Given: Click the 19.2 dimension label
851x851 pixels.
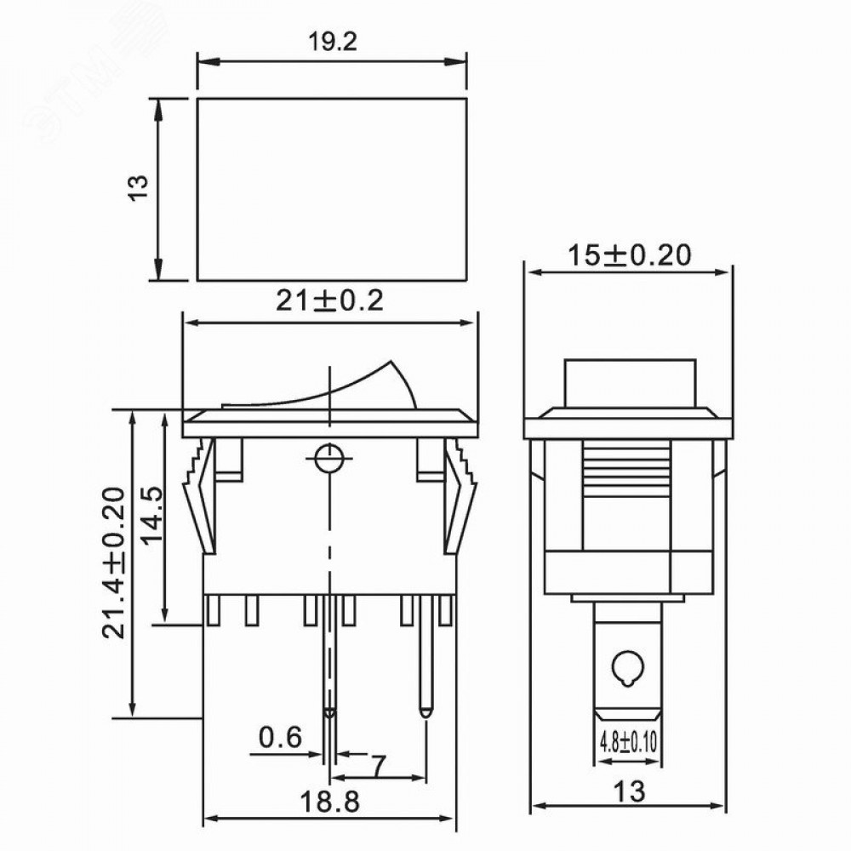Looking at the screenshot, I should click(333, 43).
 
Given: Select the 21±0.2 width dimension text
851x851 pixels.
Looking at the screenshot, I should click(329, 300).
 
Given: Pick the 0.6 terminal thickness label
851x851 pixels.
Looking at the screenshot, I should click(280, 737).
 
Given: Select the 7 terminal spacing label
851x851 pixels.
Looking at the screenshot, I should click(380, 766).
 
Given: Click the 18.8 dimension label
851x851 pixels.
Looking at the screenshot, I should click(329, 801).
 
